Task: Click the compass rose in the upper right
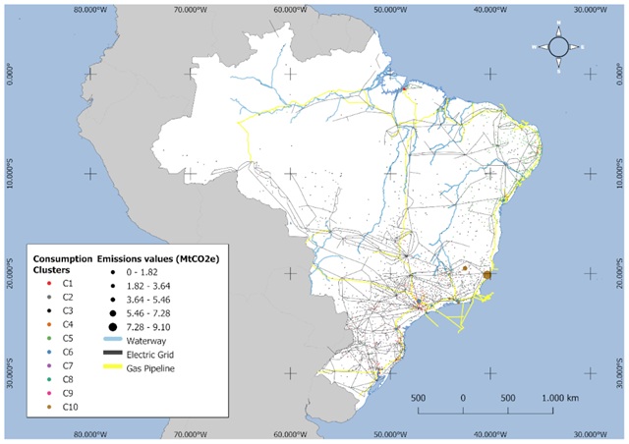[x=557, y=46]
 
